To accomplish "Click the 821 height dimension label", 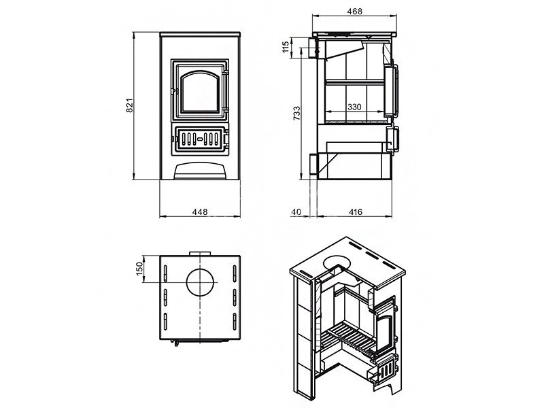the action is (129, 105).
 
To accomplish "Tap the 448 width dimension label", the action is (200, 211).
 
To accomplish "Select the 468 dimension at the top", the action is (354, 12).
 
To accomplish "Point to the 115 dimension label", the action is (286, 47).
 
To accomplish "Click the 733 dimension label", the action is (297, 113).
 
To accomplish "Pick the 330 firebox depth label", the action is (354, 107).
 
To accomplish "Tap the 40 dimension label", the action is (296, 211).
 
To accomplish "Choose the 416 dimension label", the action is (354, 211).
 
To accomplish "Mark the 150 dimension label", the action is (139, 269).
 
